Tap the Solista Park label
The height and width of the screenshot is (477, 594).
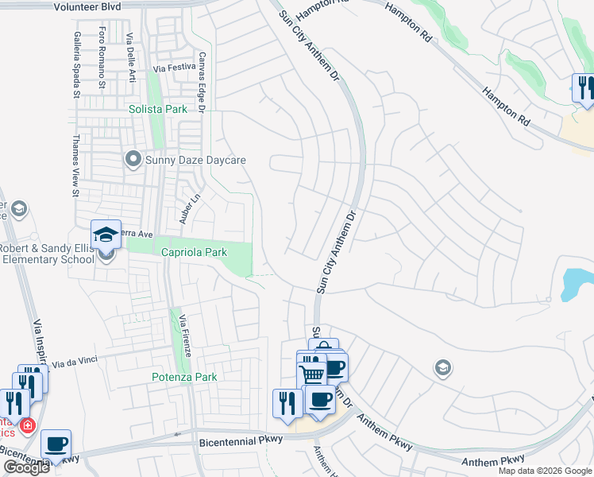coord(158,109)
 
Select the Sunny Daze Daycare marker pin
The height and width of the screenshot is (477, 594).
coord(133,160)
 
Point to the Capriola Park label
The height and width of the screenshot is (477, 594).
coord(195,252)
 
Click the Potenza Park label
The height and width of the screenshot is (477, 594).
coord(185,377)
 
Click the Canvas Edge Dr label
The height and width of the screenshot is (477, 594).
coord(202,83)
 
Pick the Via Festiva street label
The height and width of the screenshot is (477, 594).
coord(175,68)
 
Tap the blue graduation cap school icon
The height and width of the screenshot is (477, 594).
coord(106,235)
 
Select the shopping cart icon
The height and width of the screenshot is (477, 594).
coord(312,374)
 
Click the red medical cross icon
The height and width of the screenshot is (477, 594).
coord(28,426)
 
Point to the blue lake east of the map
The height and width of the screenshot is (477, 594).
coord(578,282)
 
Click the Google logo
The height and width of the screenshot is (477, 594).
coord(26,467)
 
